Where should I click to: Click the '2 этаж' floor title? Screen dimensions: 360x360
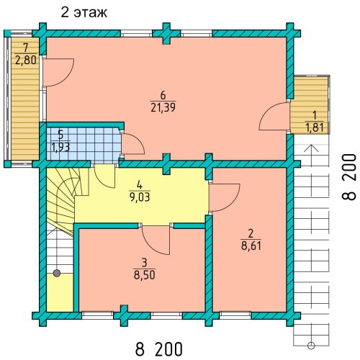tap(84, 12)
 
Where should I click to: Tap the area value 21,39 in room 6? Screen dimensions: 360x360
tap(163, 108)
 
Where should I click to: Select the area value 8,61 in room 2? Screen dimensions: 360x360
tap(251, 246)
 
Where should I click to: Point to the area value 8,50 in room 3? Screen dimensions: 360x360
tap(145, 275)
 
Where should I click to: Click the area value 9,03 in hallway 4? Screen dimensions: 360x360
tap(140, 197)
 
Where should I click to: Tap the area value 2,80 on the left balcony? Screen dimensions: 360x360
tap(26, 60)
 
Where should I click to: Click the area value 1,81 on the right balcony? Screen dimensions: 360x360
tap(315, 127)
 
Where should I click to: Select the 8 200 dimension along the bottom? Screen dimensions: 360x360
tap(159, 349)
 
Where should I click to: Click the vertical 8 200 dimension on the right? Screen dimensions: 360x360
tap(348, 177)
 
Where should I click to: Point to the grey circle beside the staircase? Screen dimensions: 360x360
tap(57, 273)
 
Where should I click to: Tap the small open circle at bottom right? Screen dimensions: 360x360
tap(311, 346)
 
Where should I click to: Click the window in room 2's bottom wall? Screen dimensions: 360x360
tap(235, 315)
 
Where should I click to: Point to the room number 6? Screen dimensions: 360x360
tap(163, 96)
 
